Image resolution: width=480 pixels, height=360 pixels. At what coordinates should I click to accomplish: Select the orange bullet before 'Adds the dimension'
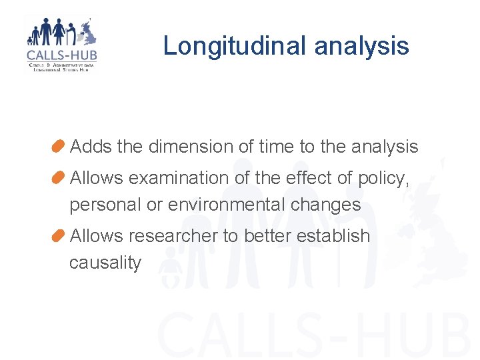58,146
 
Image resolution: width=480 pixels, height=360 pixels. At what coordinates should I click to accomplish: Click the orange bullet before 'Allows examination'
58,177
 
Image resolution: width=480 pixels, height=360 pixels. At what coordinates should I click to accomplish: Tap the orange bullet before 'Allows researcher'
58,235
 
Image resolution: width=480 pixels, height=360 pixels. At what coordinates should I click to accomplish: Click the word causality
105,263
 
